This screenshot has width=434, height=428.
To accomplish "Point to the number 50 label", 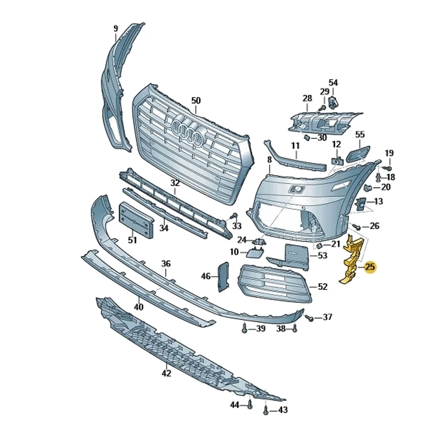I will click(x=196, y=101).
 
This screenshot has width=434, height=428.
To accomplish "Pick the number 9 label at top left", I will click(x=116, y=29).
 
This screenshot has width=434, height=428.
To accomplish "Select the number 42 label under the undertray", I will click(x=166, y=373).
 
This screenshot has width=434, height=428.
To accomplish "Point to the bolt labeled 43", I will click(x=265, y=410).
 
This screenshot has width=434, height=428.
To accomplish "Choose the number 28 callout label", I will click(x=307, y=99).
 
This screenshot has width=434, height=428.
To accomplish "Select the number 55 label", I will click(x=360, y=135).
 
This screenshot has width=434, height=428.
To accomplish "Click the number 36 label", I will click(x=166, y=263).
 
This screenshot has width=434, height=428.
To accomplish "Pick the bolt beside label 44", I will click(x=250, y=405).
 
